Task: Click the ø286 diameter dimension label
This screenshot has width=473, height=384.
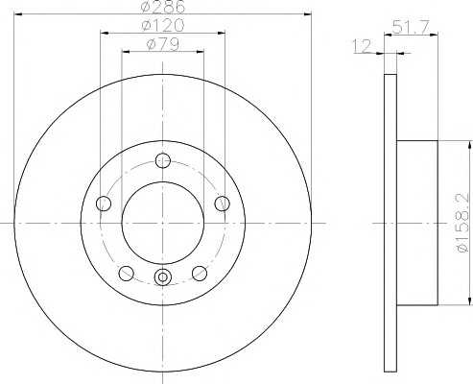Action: click(163, 7)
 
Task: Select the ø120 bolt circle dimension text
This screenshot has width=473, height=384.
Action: click(163, 26)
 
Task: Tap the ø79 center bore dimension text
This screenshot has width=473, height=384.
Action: click(162, 44)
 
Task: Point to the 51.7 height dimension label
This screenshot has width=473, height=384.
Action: click(411, 27)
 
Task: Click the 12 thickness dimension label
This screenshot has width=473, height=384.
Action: click(362, 46)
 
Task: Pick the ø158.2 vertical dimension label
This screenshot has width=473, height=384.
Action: click(464, 224)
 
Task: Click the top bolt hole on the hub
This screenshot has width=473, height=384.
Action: click(163, 160)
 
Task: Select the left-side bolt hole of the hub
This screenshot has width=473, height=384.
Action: click(104, 204)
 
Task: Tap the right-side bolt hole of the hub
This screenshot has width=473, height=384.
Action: click(222, 204)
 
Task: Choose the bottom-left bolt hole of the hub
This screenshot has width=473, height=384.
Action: click(126, 273)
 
